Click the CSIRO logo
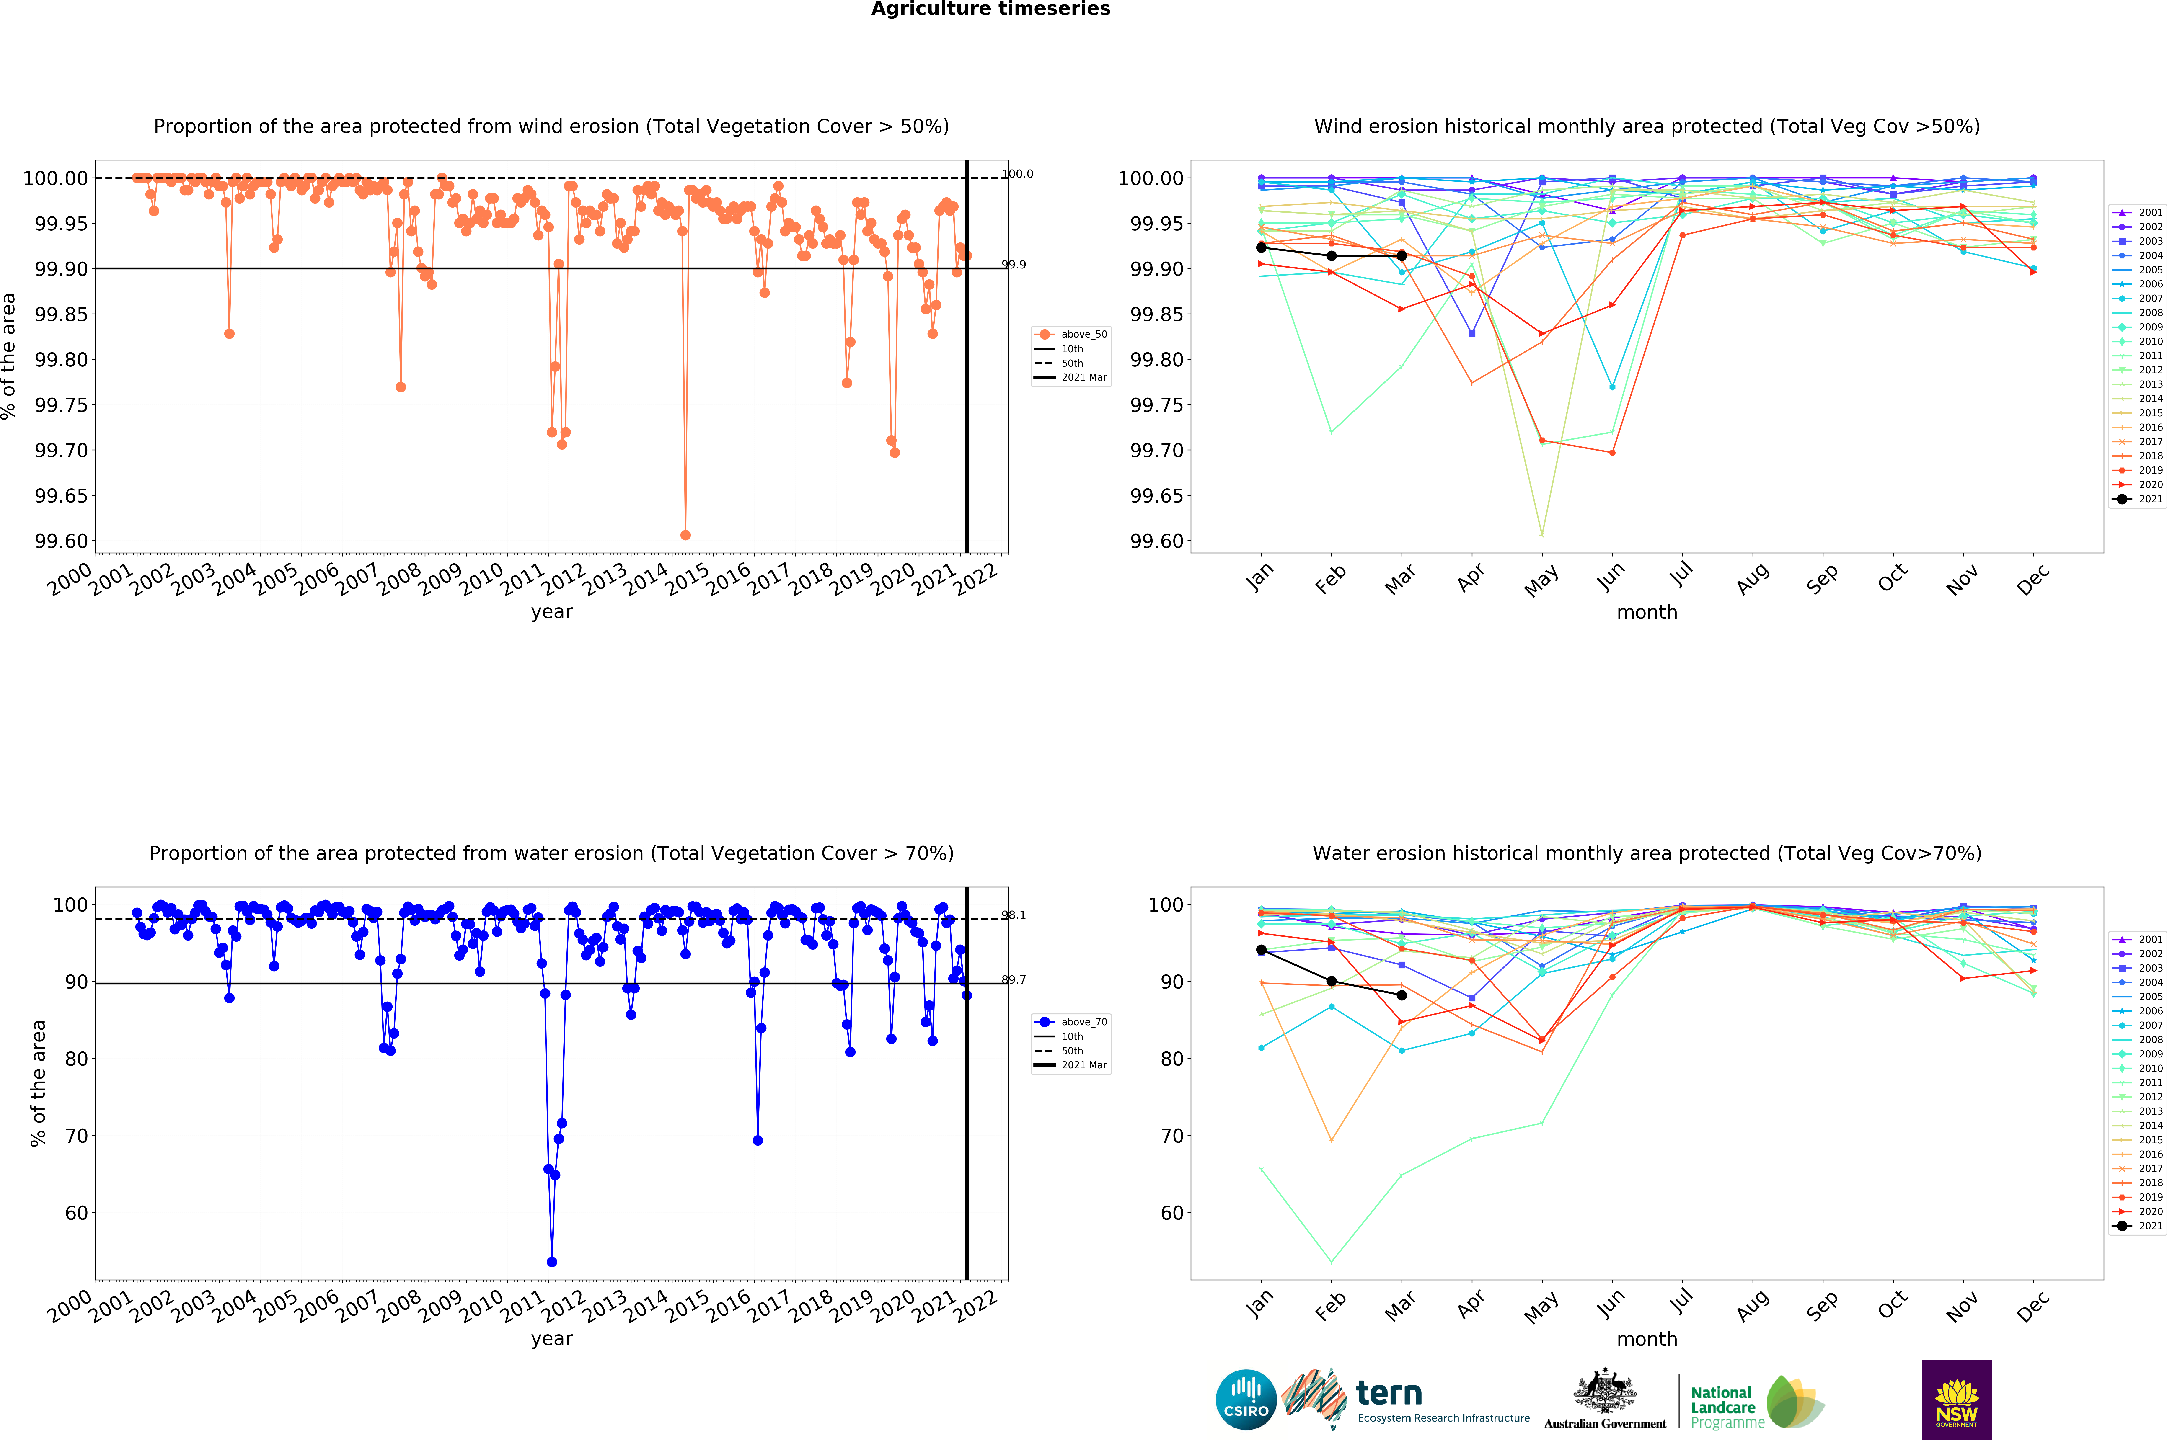1246,1399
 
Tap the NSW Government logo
1956,1399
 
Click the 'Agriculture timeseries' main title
990,9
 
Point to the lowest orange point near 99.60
685,535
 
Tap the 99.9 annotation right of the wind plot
1013,265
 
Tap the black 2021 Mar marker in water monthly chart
1402,995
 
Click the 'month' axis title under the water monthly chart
1647,1339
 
